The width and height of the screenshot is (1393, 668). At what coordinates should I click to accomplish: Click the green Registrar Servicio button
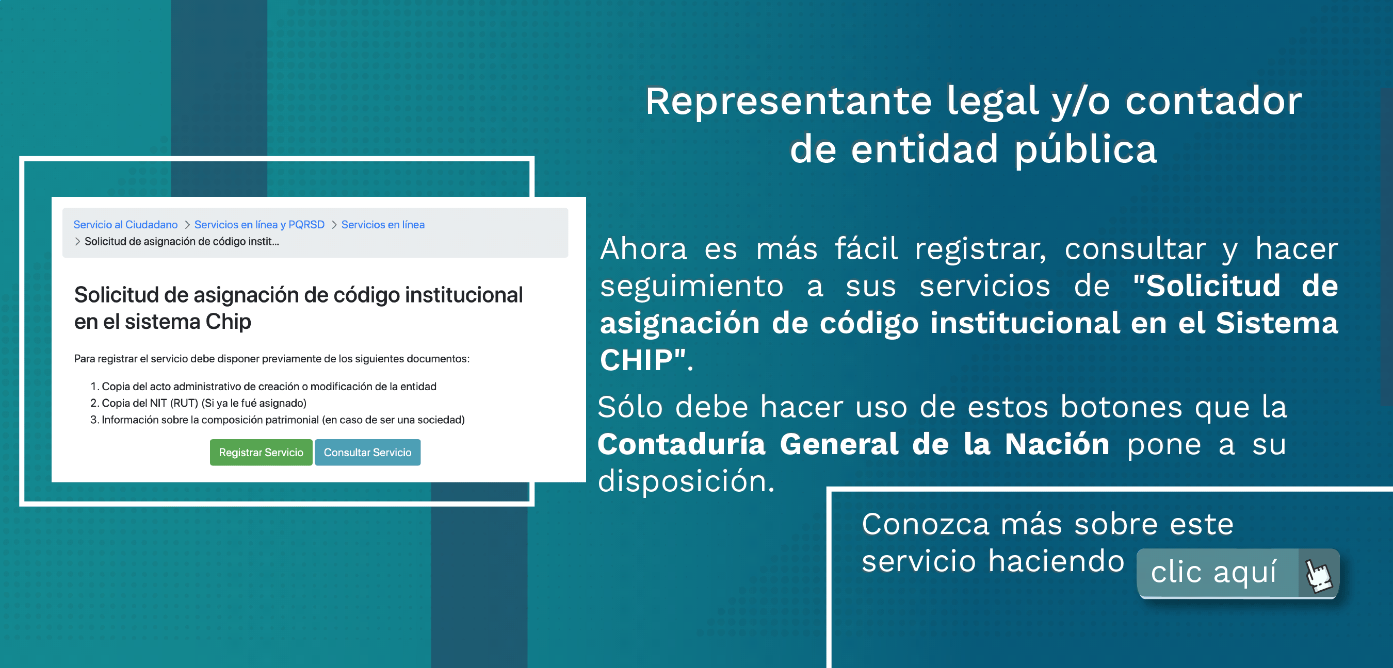coord(261,453)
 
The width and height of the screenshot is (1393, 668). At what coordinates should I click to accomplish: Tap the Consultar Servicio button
coord(368,453)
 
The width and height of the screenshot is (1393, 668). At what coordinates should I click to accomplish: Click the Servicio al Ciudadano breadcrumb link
coord(125,224)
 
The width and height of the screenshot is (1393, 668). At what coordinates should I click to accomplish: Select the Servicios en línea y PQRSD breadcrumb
coord(260,224)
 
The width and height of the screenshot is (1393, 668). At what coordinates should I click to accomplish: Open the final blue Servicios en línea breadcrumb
coord(383,224)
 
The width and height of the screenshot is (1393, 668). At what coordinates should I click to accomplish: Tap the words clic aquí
coord(1213,572)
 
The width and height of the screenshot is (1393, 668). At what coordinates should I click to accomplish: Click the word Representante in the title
coord(788,102)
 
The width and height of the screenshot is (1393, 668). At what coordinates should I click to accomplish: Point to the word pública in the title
coord(1086,150)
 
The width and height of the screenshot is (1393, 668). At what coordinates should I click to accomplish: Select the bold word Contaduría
coord(682,444)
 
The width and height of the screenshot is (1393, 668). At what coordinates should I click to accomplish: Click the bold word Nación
coord(1057,444)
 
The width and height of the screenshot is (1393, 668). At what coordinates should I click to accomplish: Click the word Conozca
coord(925,524)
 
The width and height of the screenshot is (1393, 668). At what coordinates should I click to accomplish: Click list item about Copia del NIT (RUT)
coord(199,403)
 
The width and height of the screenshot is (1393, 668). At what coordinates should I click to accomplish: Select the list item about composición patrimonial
coord(278,420)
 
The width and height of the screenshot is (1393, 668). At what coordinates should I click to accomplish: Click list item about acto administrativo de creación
coord(263,387)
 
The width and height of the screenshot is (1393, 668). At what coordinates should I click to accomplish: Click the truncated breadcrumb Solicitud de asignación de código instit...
coord(182,242)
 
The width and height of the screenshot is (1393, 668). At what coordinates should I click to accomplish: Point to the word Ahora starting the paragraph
coord(643,249)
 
